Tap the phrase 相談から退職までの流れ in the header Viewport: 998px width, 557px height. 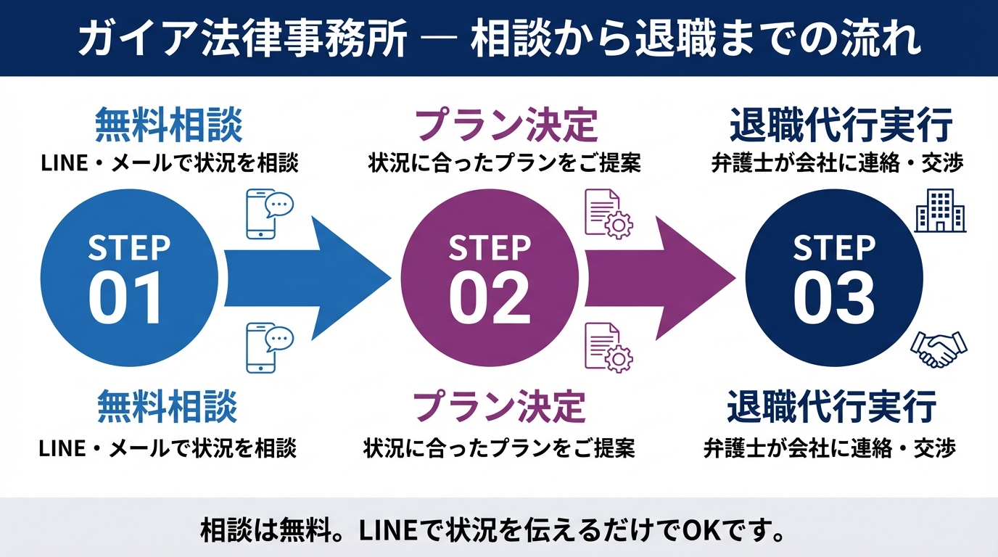click(696, 39)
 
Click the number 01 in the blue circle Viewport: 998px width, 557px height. click(127, 299)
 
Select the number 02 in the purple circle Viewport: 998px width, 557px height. click(489, 299)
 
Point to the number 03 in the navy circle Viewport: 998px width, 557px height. click(833, 299)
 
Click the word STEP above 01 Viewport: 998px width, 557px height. click(128, 249)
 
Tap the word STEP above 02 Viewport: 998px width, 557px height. click(490, 249)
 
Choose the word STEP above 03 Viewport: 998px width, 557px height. click(834, 249)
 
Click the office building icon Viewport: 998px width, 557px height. click(940, 210)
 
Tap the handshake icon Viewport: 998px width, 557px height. click(939, 348)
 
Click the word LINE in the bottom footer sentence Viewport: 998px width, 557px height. click(384, 532)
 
